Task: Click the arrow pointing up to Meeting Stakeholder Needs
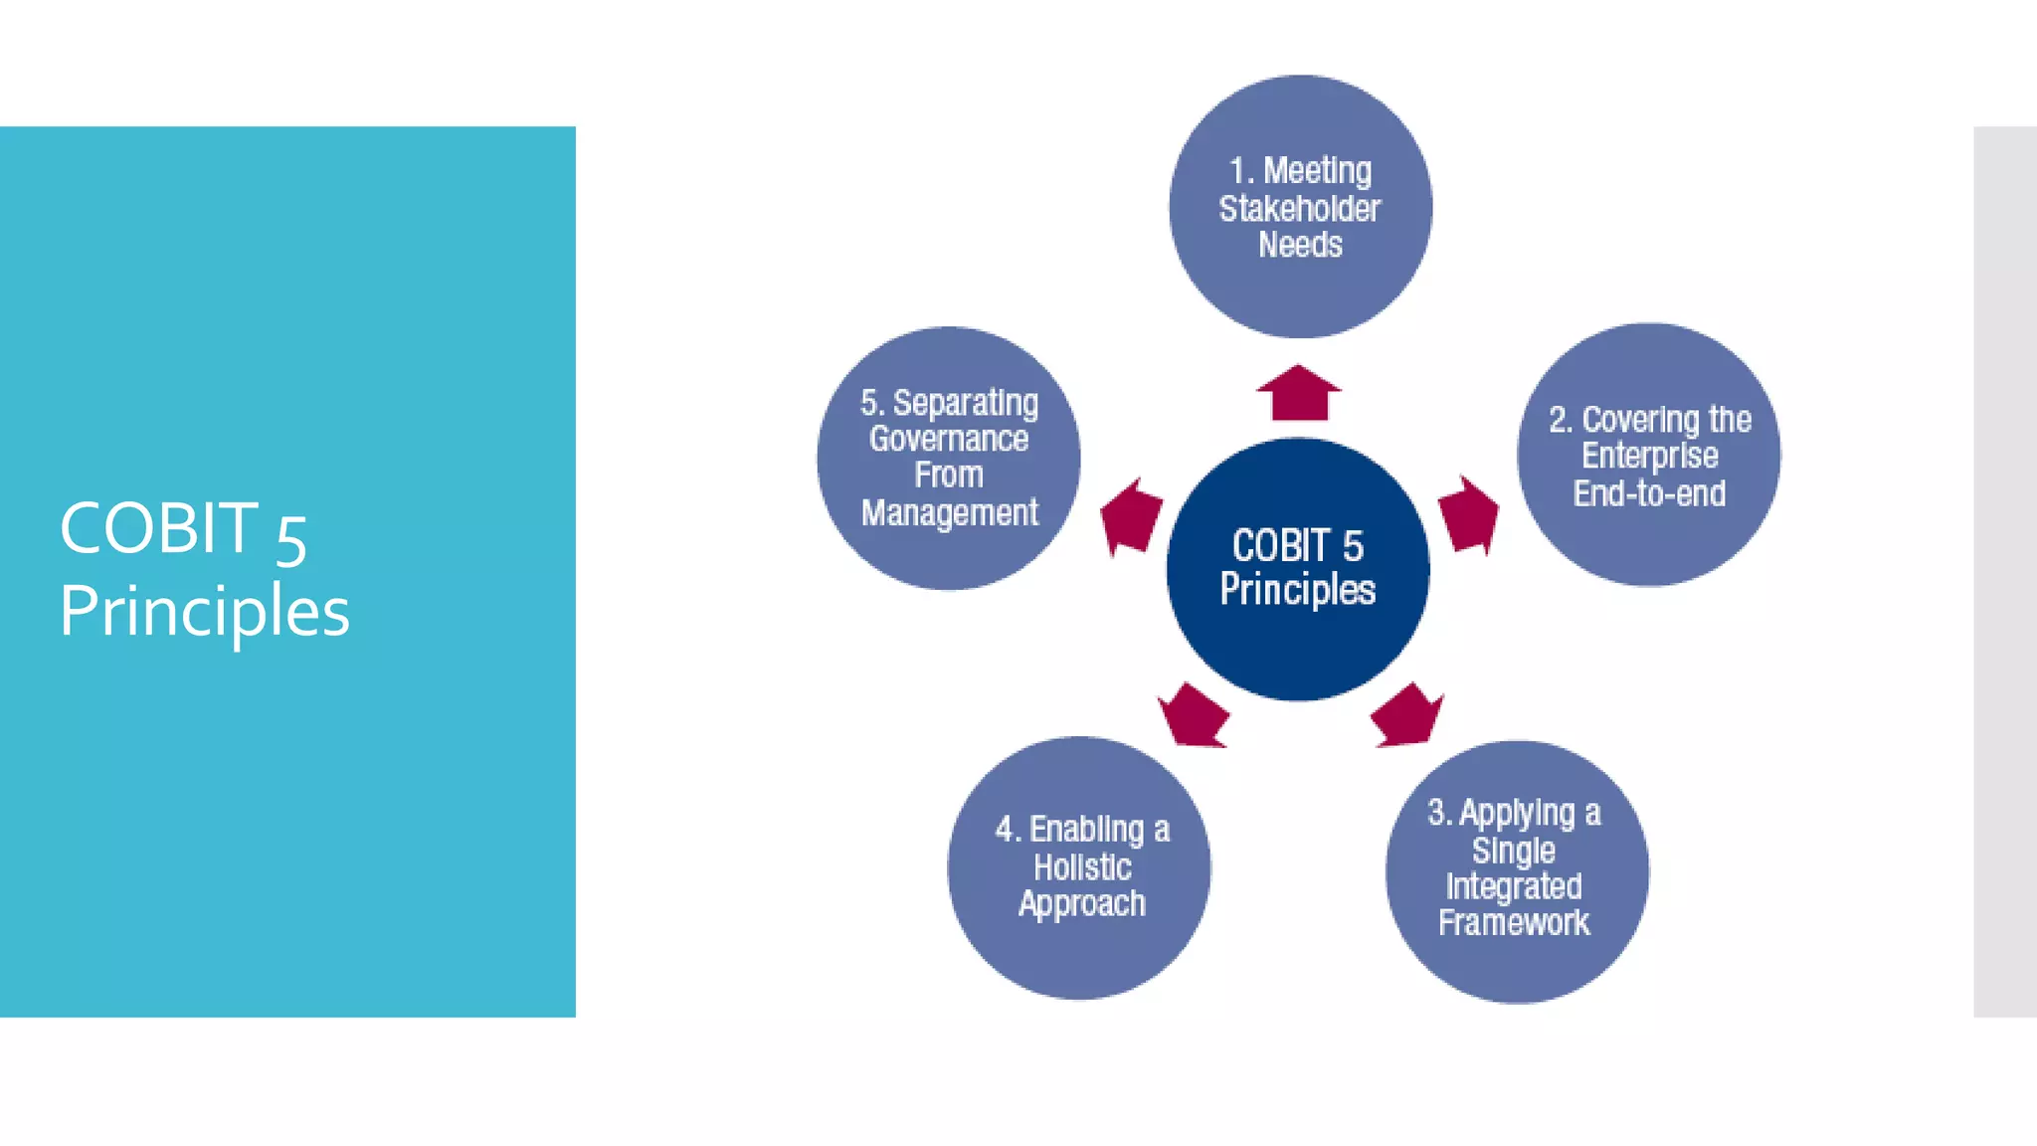pos(1298,393)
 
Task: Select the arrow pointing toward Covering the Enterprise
pos(1468,514)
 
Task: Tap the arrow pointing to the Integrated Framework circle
pos(1406,715)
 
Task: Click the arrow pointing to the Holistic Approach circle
pos(1194,715)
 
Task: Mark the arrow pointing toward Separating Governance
pos(1131,516)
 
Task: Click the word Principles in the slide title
pos(205,610)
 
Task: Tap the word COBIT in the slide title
pos(159,527)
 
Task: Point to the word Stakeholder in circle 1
pos(1300,209)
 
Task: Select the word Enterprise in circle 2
pos(1649,456)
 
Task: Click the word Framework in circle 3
pos(1514,922)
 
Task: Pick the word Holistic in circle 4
pos(1082,866)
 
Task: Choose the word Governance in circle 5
pos(949,439)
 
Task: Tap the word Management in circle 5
pos(949,512)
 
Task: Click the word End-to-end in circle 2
pos(1649,493)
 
